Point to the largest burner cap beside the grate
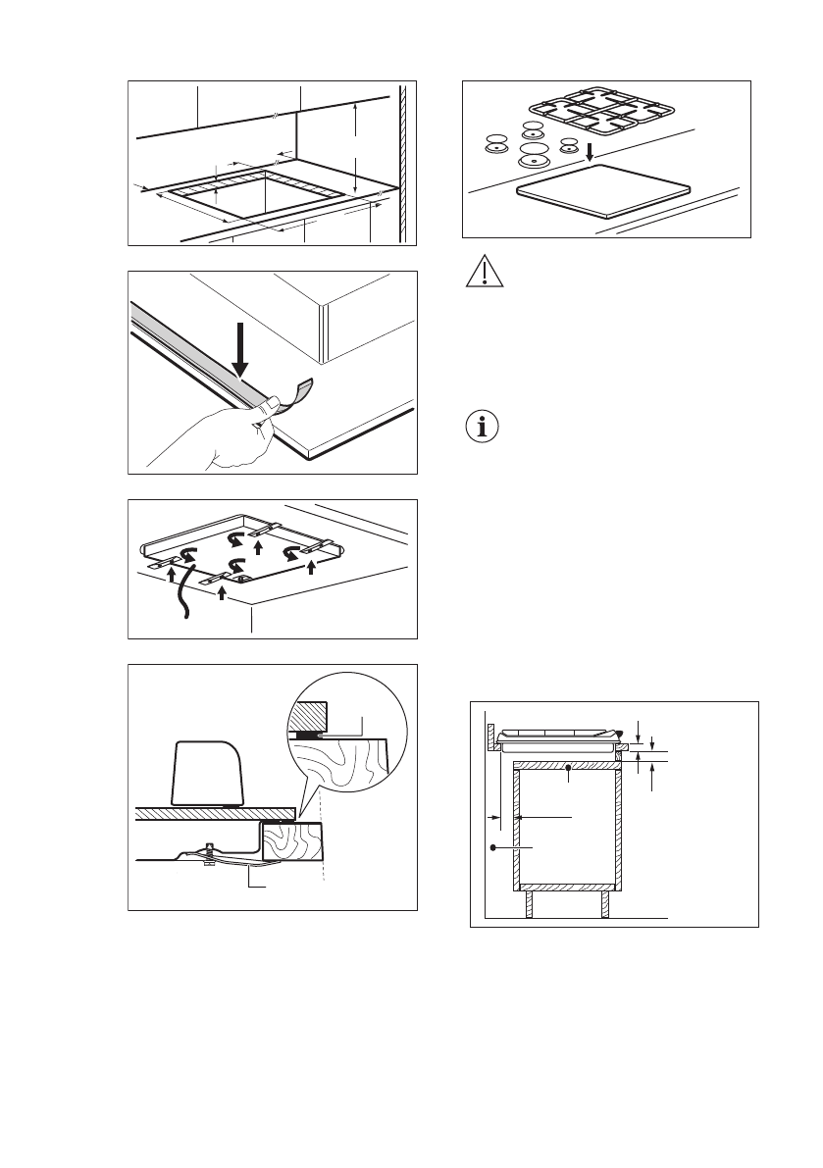pyautogui.click(x=534, y=153)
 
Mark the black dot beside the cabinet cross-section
pyautogui.click(x=491, y=845)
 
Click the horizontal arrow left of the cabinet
pyautogui.click(x=492, y=816)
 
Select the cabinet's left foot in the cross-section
pyautogui.click(x=528, y=902)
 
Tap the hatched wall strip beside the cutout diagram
pyautogui.click(x=402, y=162)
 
